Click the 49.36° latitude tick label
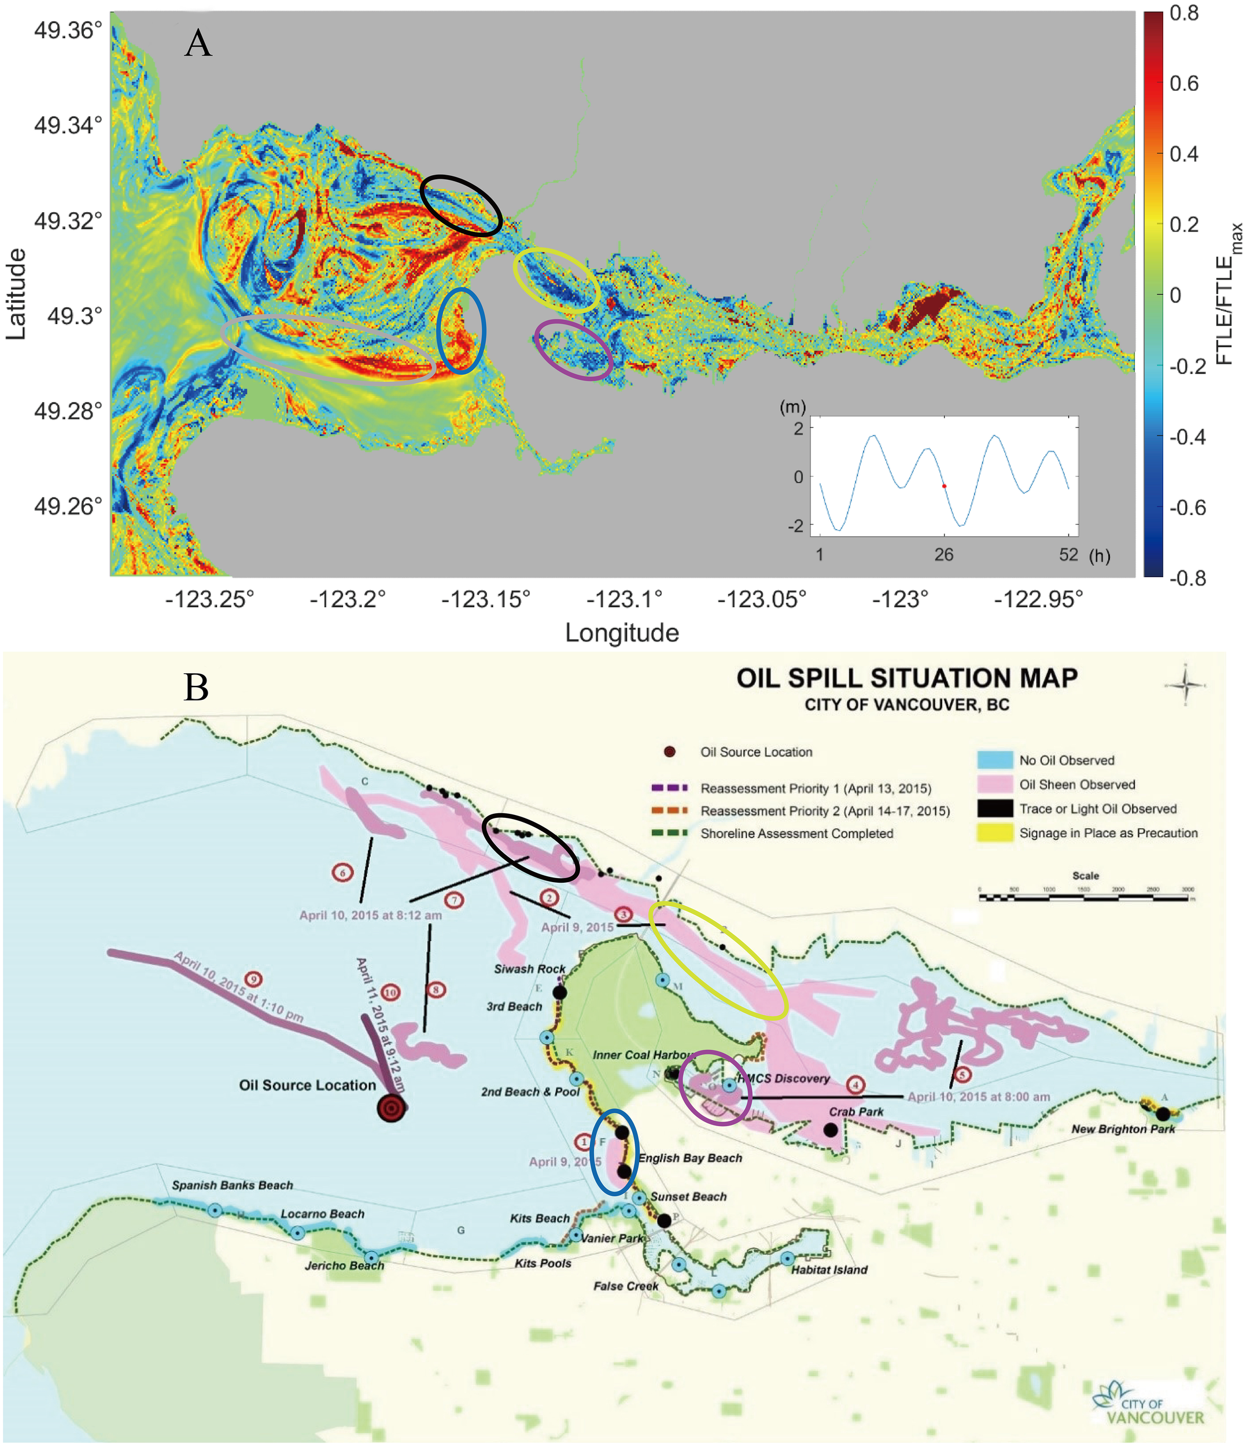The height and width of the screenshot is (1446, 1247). [x=68, y=31]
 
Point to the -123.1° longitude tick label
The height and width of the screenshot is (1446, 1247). [x=623, y=599]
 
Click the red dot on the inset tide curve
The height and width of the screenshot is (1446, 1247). [x=943, y=486]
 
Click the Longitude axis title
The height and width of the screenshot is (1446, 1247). [x=622, y=633]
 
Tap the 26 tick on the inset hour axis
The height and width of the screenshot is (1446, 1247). [x=943, y=555]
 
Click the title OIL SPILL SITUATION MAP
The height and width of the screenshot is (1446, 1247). [x=906, y=678]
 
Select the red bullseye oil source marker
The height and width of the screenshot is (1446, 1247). [x=392, y=1108]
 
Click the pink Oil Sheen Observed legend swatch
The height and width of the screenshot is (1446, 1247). [x=994, y=784]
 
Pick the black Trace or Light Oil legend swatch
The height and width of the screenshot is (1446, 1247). [x=994, y=809]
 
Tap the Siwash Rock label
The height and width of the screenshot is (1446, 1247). [x=530, y=969]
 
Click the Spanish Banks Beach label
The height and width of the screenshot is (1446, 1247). [x=233, y=1185]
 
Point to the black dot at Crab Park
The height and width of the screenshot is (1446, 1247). [x=831, y=1130]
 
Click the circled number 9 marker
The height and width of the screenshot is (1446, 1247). [x=254, y=979]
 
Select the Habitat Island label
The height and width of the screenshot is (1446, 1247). [x=829, y=1270]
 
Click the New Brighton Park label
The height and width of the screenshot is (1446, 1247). [x=1123, y=1129]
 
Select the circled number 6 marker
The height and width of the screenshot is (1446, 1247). [x=342, y=872]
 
